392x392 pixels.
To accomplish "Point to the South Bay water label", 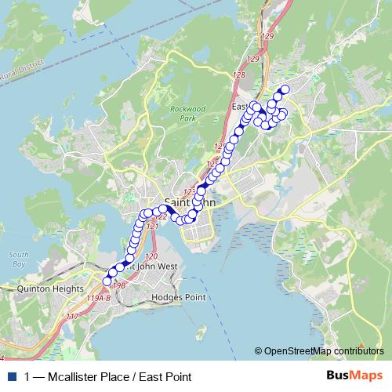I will pyautogui.click(x=20, y=260).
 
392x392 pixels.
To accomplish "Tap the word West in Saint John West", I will pyautogui.click(x=165, y=266).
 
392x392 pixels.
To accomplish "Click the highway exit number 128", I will pyautogui.click(x=238, y=74).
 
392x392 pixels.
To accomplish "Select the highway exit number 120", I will pyautogui.click(x=151, y=257).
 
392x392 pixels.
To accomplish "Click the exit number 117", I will pyautogui.click(x=73, y=316).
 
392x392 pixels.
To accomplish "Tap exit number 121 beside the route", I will pyautogui.click(x=153, y=226).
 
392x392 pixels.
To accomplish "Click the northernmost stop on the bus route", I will pyautogui.click(x=285, y=89).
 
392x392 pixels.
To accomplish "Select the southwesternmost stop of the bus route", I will pyautogui.click(x=107, y=280).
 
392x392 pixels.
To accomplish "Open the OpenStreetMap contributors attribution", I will pyautogui.click(x=322, y=351).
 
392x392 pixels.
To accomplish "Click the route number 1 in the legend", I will pyautogui.click(x=28, y=377).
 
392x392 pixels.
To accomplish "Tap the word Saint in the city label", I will pyautogui.click(x=176, y=201).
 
